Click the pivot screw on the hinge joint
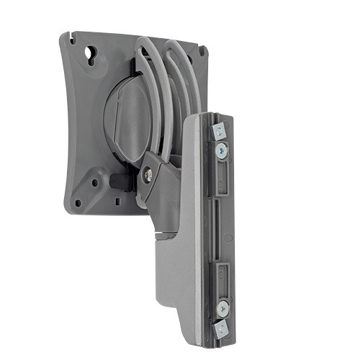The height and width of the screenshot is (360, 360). coord(147,172)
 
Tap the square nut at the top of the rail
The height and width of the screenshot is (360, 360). coord(219,131)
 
